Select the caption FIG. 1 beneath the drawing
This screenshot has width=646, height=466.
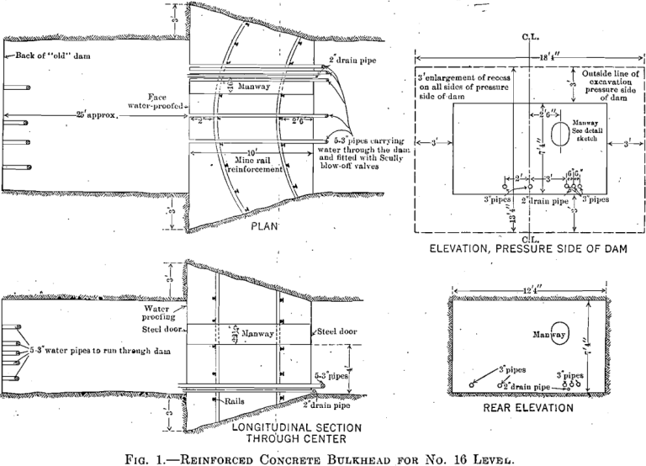323,455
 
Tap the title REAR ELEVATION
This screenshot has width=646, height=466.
527,407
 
